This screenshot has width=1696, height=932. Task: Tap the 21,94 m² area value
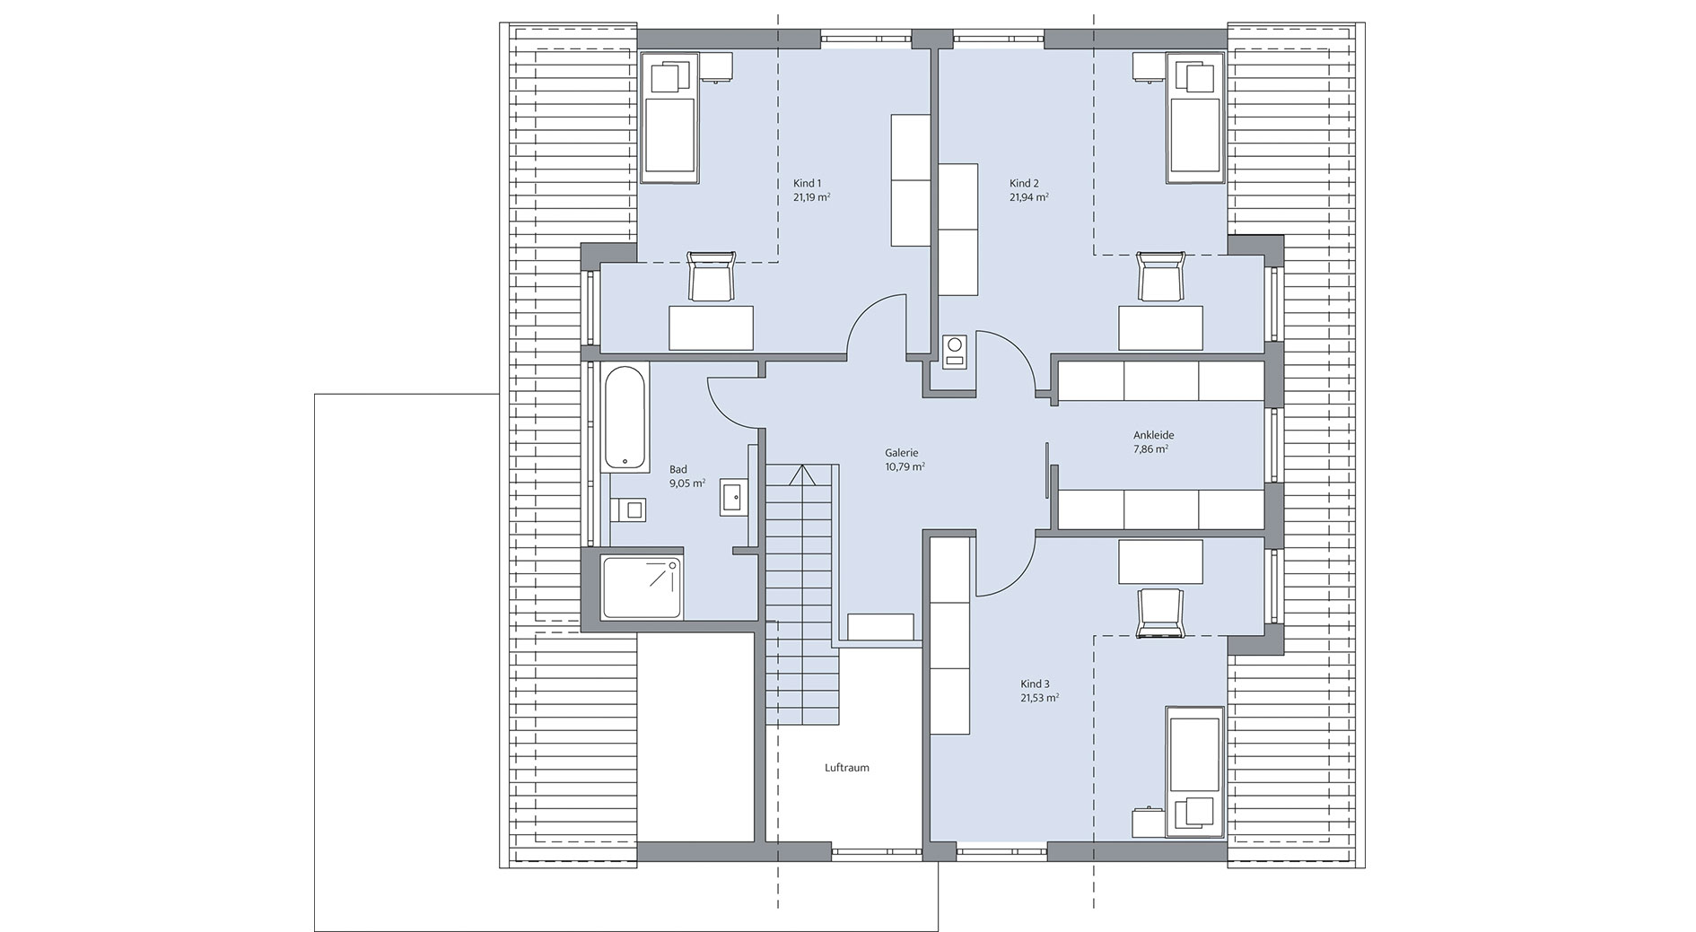click(1029, 197)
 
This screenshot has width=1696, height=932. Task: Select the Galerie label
click(901, 453)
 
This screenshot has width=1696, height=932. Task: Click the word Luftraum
click(847, 768)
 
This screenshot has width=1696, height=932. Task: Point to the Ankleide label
click(1153, 435)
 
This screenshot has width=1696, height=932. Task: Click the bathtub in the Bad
click(626, 417)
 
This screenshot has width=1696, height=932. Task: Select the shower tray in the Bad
click(641, 588)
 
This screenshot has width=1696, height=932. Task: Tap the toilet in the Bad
click(631, 510)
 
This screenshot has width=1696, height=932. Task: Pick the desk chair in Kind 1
click(712, 277)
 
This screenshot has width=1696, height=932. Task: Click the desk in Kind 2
click(1160, 327)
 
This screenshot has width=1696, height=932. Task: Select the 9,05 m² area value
click(686, 483)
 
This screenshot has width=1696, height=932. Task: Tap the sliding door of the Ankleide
click(1047, 471)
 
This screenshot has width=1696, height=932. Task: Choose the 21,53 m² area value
click(1039, 697)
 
